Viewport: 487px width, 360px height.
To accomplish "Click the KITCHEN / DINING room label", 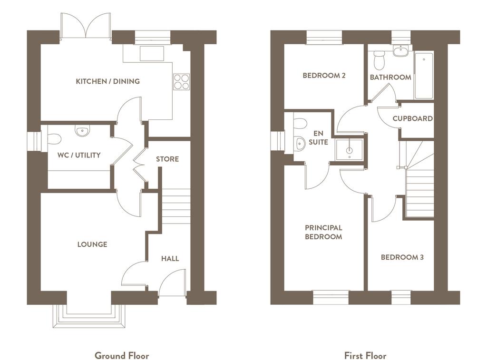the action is tap(108, 81).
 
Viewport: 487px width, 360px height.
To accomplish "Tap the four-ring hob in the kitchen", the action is tap(181, 82).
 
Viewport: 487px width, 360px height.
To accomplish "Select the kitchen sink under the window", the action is tap(152, 54).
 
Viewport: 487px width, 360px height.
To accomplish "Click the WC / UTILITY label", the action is tap(79, 155).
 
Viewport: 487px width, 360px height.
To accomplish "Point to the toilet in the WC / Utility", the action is tap(54, 139).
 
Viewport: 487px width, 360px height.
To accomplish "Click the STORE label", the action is tap(167, 159).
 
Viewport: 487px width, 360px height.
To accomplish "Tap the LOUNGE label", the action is tap(92, 244).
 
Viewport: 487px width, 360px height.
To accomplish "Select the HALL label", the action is tap(170, 258).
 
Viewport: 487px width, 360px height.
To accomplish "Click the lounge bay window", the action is tap(89, 316).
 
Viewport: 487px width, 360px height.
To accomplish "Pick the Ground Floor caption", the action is tap(122, 356).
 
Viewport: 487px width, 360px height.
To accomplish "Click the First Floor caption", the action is tap(365, 356).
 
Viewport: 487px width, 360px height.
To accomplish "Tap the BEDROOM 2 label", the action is tap(324, 76).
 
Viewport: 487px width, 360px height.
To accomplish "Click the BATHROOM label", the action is tap(390, 78).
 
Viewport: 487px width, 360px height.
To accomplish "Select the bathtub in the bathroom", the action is tap(424, 76).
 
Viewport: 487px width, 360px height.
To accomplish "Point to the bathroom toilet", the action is tap(379, 60).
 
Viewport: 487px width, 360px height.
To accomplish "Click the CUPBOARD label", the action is tap(412, 119).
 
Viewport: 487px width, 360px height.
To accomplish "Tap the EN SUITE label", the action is tap(318, 138).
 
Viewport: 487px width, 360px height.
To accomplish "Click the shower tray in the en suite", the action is tap(350, 150).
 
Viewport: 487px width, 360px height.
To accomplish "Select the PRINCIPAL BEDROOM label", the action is tap(323, 233).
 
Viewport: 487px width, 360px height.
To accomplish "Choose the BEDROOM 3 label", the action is tap(402, 257).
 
